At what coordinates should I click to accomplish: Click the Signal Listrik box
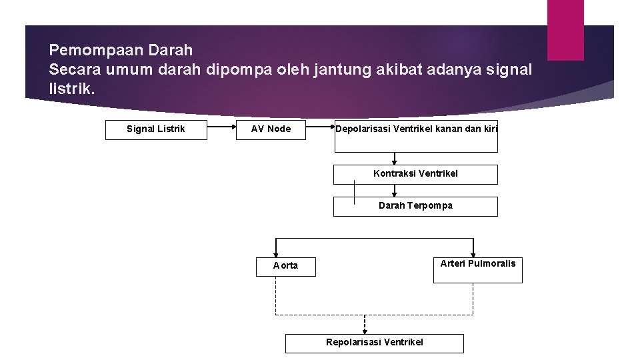tap(156, 129)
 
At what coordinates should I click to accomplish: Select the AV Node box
tap(271, 129)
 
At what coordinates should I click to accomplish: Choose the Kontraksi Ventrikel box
tap(415, 174)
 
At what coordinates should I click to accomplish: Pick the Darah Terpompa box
tap(415, 206)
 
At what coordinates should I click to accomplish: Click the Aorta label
tap(285, 265)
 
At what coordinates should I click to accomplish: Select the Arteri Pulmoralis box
tap(477, 270)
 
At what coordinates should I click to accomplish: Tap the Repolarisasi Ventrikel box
tap(374, 343)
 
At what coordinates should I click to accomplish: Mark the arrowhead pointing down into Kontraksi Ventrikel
tap(395, 162)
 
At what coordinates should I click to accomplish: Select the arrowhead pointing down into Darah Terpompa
tap(395, 194)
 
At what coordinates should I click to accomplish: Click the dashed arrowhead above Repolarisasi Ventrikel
tap(364, 329)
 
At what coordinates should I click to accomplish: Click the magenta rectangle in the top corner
tap(565, 30)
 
